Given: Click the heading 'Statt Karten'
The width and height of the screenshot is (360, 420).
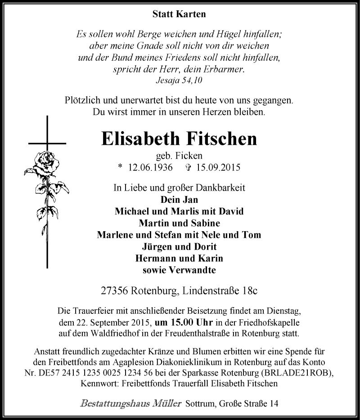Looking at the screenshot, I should click(x=179, y=14).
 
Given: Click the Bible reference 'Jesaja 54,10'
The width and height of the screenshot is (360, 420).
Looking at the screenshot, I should click(x=179, y=80).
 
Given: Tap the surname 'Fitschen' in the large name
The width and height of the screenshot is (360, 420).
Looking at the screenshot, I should click(x=220, y=139).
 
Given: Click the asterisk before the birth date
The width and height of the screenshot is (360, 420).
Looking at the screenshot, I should click(x=119, y=168).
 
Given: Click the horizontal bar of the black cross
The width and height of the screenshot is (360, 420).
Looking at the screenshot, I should click(x=47, y=143).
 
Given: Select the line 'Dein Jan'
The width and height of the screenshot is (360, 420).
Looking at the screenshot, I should click(x=179, y=200).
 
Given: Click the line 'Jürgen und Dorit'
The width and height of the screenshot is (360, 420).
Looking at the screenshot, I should click(x=179, y=246).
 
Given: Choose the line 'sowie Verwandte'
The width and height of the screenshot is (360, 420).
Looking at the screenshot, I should click(x=179, y=270).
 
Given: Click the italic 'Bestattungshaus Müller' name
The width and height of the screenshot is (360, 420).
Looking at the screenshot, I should click(x=131, y=403).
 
